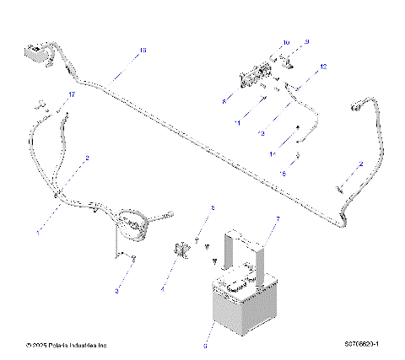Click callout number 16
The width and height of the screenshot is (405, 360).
(x=142, y=51)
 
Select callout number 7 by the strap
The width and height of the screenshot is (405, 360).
(x=276, y=218)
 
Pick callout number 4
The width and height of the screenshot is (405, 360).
(x=162, y=288)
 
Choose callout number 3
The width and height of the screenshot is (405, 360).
(x=117, y=289)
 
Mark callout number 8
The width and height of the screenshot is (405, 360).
(x=224, y=100)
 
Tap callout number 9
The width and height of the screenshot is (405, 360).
(x=307, y=41)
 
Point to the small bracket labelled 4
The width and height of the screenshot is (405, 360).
(x=180, y=251)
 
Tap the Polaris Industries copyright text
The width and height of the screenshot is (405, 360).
(x=67, y=344)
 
